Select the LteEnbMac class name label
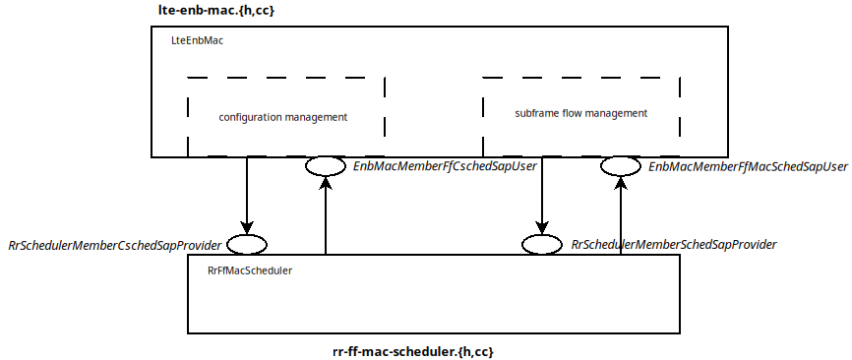(x=198, y=42)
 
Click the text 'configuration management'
(x=283, y=117)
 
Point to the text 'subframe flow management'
(x=580, y=113)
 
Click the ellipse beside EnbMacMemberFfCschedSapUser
(x=325, y=166)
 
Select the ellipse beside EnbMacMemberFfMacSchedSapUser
(x=620, y=166)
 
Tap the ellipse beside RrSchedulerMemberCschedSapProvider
(x=246, y=244)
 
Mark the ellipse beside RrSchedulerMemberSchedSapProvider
(x=541, y=244)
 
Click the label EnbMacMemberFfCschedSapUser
(x=445, y=167)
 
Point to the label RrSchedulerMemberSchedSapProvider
(x=674, y=244)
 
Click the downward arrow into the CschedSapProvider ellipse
(x=246, y=197)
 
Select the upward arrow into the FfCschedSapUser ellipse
(x=325, y=216)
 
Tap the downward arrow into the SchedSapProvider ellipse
(x=541, y=197)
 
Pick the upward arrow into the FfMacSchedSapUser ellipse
(x=620, y=216)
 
